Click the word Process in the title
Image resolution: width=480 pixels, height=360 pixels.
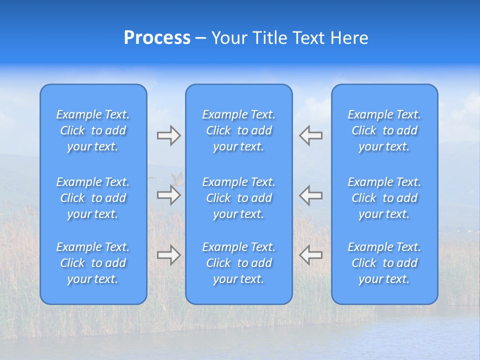coord(157,38)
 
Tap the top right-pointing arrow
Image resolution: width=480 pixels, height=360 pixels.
coord(168,135)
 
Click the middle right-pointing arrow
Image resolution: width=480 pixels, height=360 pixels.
coord(168,195)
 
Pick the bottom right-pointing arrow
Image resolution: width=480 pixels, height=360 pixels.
coord(168,255)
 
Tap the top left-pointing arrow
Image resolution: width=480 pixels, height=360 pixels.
coord(311,135)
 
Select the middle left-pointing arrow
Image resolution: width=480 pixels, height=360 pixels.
coord(311,195)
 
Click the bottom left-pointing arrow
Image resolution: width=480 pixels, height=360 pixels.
coord(311,255)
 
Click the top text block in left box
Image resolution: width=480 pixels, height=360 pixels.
coord(93,130)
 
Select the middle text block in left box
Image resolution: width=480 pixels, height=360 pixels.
coord(93,198)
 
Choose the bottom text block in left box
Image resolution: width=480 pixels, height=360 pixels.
coord(93,263)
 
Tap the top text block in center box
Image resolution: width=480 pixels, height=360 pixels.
coord(239,130)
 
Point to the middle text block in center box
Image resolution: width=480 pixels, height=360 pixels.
coord(239,198)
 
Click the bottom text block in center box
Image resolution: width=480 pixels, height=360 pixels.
coord(239,263)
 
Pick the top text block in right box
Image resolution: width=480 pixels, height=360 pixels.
coord(384,130)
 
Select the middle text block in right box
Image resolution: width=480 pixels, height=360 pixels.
coord(384,198)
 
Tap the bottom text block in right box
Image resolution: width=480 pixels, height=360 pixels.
coord(384,263)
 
